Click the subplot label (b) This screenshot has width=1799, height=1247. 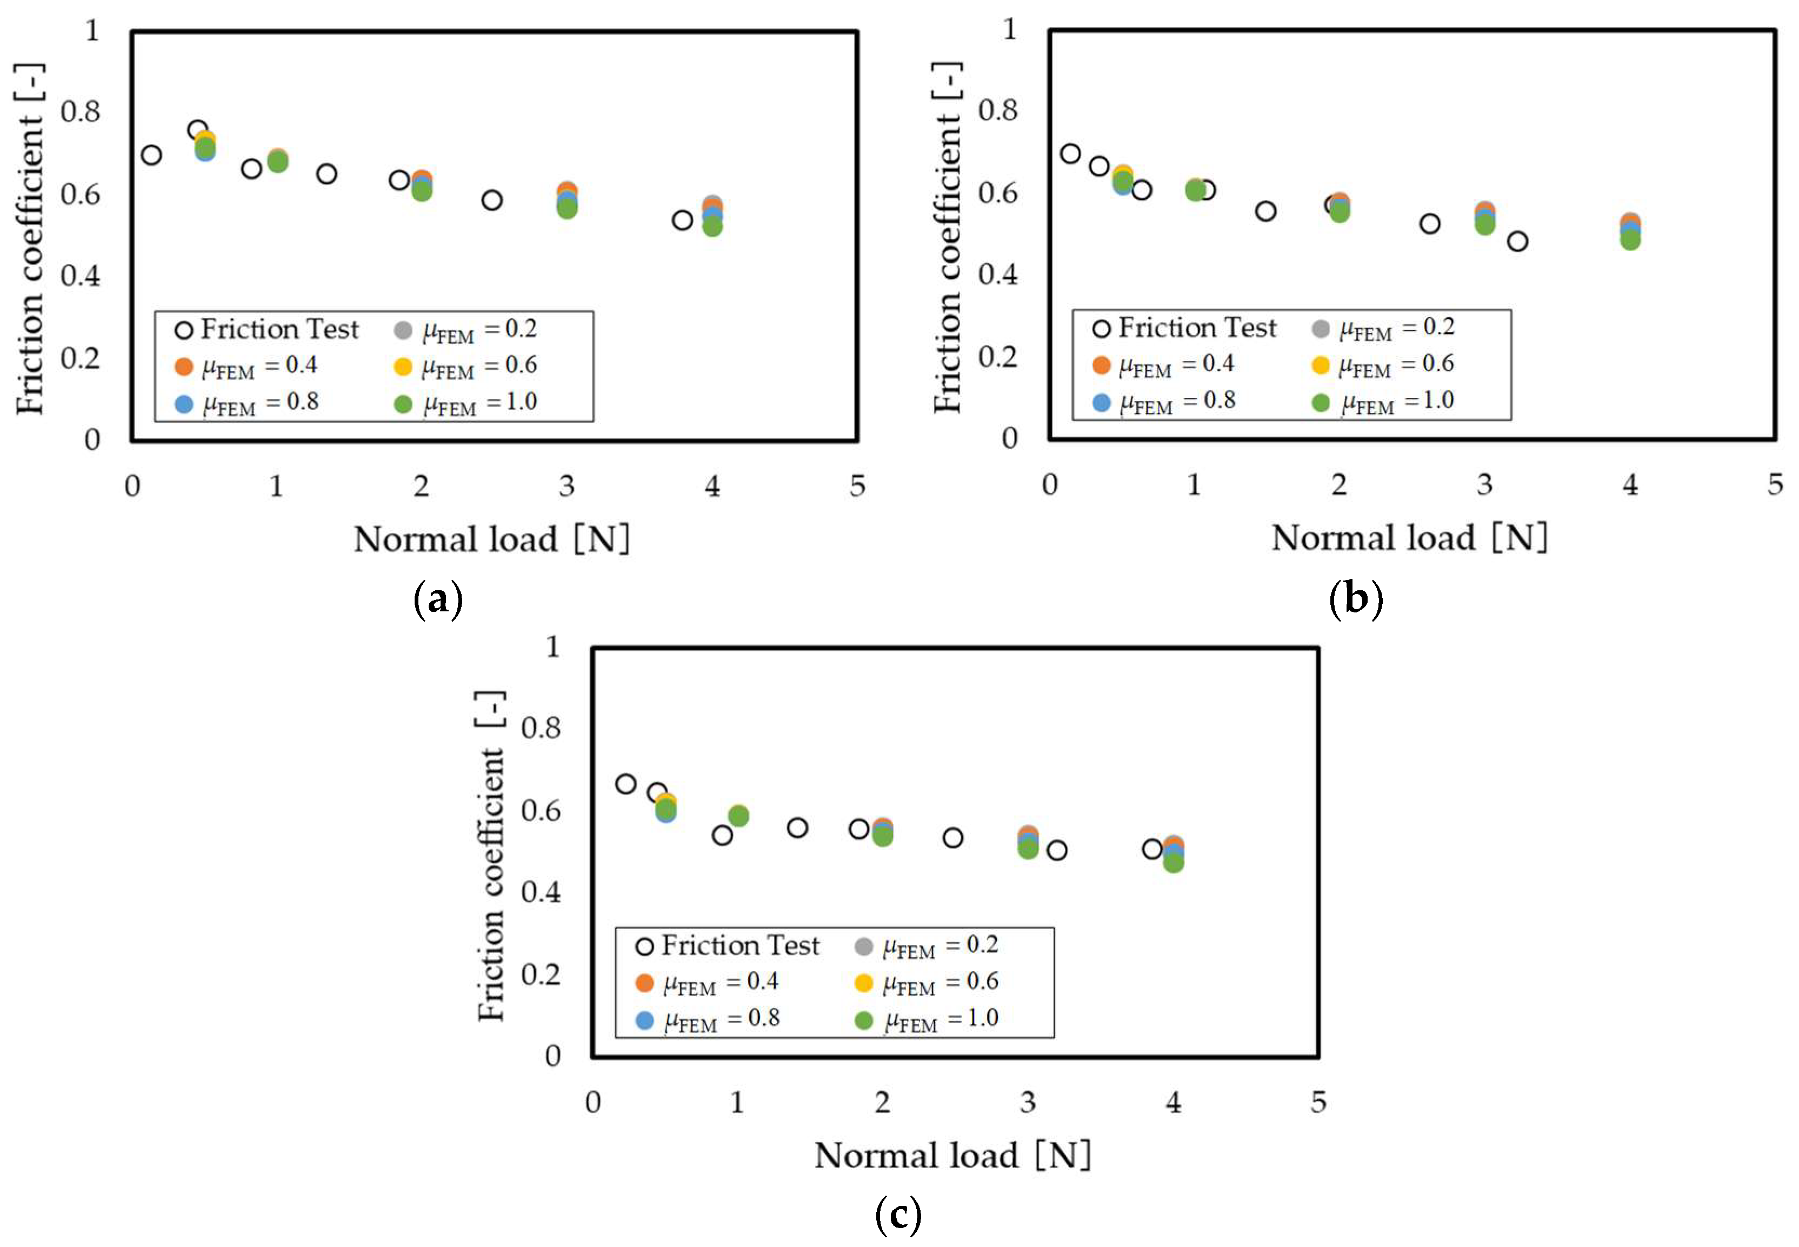(x=1355, y=599)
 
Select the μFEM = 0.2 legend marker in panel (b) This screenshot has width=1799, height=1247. (x=1320, y=328)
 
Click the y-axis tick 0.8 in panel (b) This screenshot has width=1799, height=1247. (x=997, y=110)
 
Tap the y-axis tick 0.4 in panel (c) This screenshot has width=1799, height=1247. (x=541, y=891)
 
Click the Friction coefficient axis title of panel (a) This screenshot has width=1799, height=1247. (x=30, y=238)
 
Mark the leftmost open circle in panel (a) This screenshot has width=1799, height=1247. (x=151, y=155)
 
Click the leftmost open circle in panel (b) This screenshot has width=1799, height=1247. (x=1070, y=153)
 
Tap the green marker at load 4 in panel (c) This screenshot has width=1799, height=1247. (x=1172, y=863)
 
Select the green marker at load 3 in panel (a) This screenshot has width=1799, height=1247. (x=567, y=209)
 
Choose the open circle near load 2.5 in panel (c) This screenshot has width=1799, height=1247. (x=952, y=838)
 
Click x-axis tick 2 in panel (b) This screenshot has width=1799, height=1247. (x=1339, y=485)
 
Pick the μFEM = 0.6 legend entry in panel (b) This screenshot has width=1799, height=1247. (x=1384, y=365)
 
